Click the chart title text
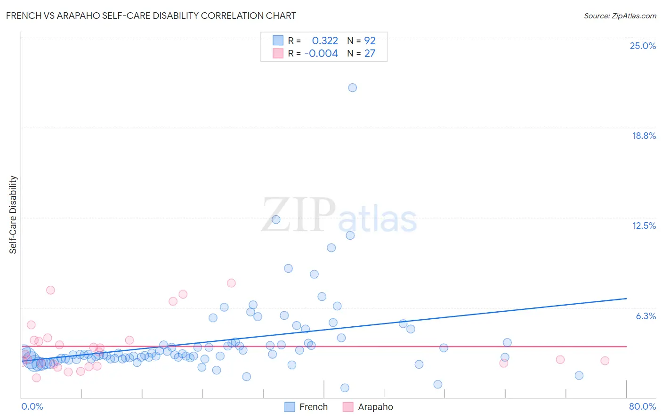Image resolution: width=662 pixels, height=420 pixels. pos(151,16)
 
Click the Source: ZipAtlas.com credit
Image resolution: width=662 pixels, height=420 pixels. pos(620,16)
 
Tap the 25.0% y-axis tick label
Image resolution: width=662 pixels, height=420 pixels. pos(643,46)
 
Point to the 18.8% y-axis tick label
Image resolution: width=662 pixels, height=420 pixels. pos(644,136)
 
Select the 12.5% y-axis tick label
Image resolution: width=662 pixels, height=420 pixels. pos(644,226)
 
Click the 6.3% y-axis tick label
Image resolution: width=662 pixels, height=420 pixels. pos(646,316)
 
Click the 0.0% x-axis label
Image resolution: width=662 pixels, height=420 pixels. pos(32,406)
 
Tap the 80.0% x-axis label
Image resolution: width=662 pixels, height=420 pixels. pos(642,406)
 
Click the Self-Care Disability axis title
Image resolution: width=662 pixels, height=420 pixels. pos(13,215)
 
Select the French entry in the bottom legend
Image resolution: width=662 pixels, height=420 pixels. pos(313,407)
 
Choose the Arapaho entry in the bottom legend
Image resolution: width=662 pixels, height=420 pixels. pos(375,407)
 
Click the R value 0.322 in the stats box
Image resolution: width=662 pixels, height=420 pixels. pos(325,41)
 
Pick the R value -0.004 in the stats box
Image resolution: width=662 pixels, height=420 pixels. pos(321,54)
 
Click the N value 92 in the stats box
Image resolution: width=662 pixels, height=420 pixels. pos(370,41)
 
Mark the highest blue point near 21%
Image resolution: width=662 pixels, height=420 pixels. pos(352,88)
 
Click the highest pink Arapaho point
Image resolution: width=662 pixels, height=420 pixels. pos(231,283)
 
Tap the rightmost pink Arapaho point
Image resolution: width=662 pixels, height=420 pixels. pos(605,361)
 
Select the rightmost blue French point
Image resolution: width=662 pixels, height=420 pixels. pos(579,375)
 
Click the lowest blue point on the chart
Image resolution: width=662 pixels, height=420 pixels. pos(345,388)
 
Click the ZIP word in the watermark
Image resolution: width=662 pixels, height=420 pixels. pos(299,216)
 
